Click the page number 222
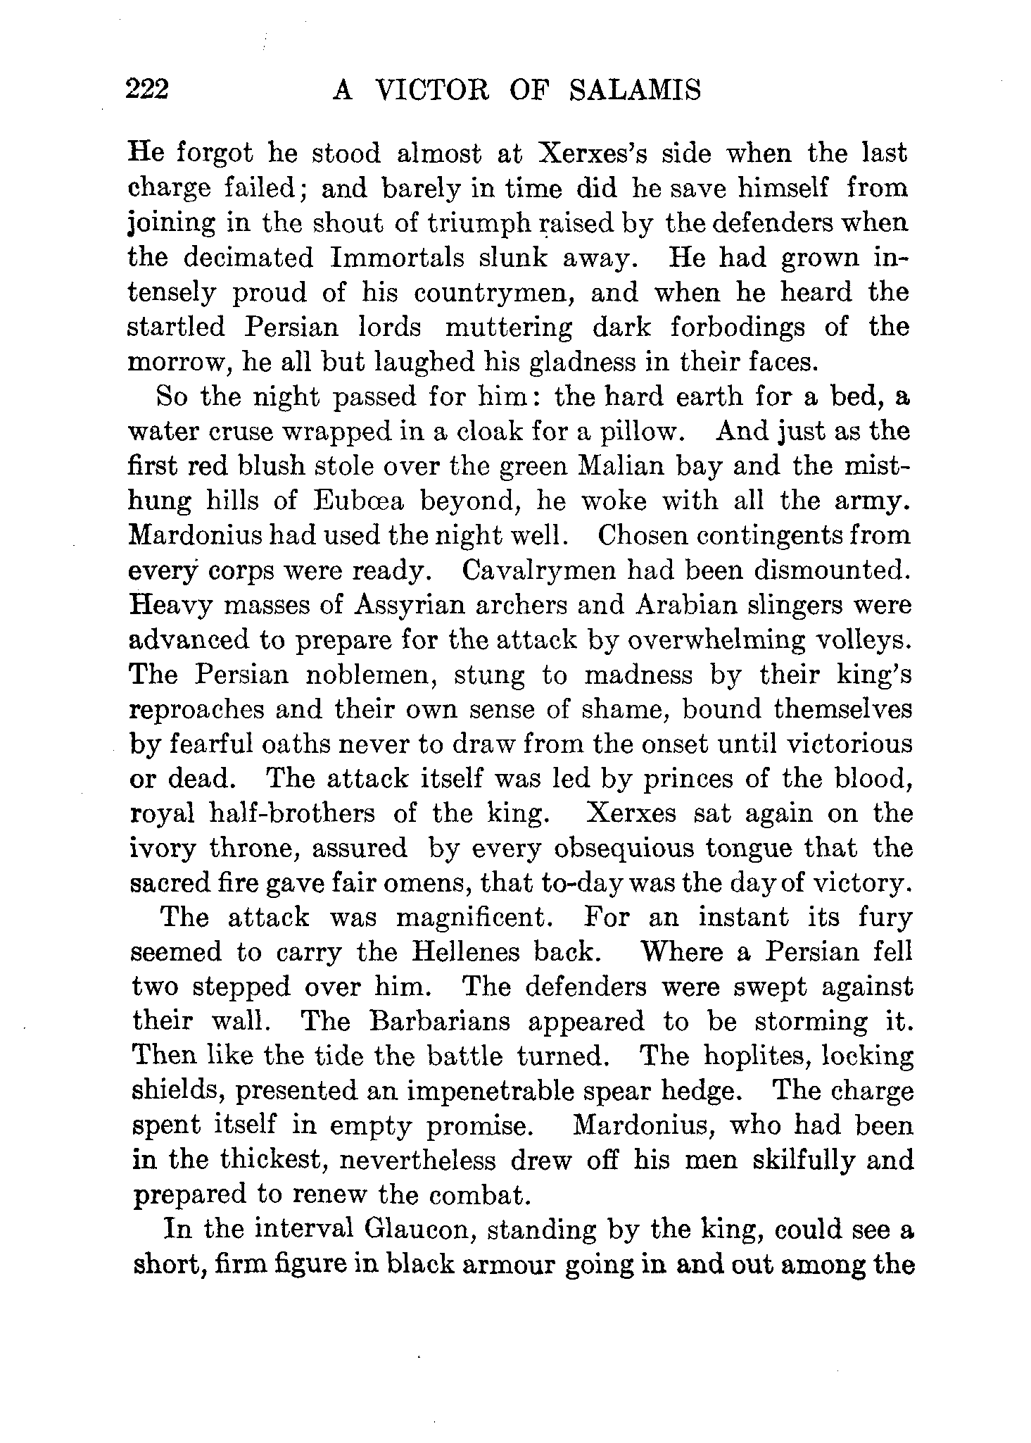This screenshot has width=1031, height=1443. (148, 90)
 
